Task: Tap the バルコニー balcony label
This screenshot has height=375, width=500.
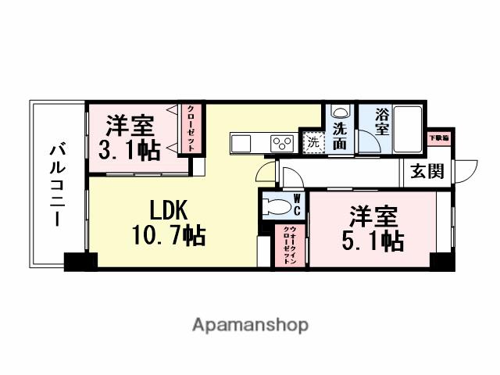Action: pos(57,184)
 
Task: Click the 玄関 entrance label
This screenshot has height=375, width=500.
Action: pos(428,170)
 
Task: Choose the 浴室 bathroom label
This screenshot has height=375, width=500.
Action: pos(381,122)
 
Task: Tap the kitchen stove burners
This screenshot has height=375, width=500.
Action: pos(280,142)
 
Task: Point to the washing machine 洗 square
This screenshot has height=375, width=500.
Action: pos(312,144)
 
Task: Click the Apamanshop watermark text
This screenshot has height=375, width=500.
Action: pos(250,324)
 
